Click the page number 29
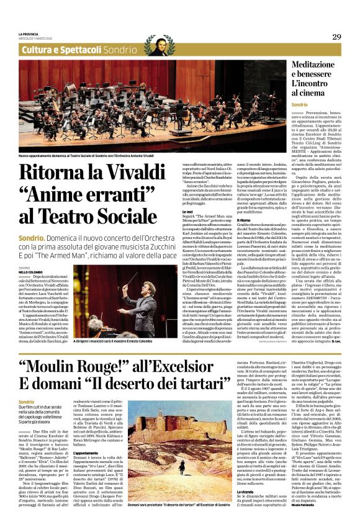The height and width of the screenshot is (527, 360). click(336, 37)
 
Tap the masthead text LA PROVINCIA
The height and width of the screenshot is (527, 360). click(29, 34)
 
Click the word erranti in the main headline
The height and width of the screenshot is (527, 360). click(120, 194)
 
